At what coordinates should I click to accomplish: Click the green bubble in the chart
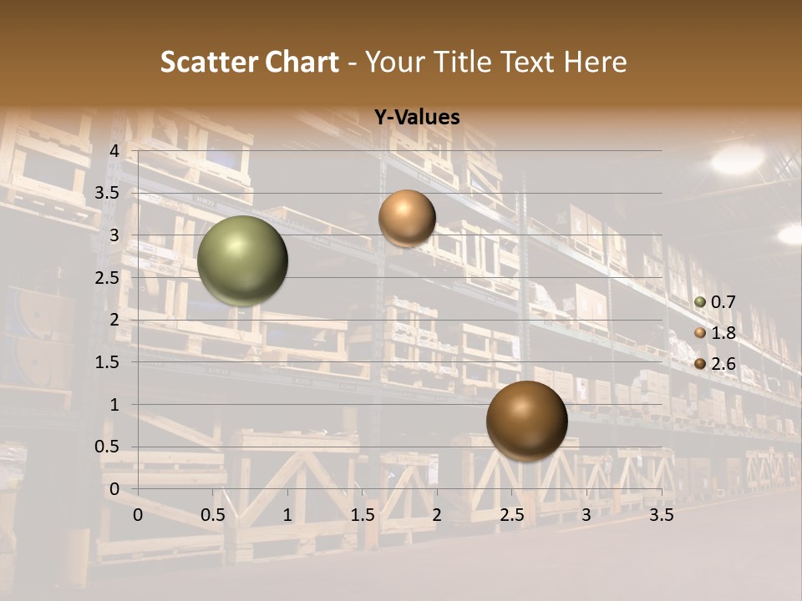[242, 260]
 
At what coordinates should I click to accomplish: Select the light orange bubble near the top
[407, 218]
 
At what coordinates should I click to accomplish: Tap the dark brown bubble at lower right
[526, 421]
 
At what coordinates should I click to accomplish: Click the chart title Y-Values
[417, 118]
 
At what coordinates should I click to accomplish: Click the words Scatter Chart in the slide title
[249, 62]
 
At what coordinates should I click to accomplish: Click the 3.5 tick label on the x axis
[661, 515]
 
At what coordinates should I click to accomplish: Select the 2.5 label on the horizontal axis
[511, 515]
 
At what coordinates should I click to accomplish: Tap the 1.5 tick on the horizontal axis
[362, 515]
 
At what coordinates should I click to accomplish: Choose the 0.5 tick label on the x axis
[212, 515]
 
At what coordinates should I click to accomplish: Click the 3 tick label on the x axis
[586, 515]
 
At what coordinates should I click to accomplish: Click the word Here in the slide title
[595, 62]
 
